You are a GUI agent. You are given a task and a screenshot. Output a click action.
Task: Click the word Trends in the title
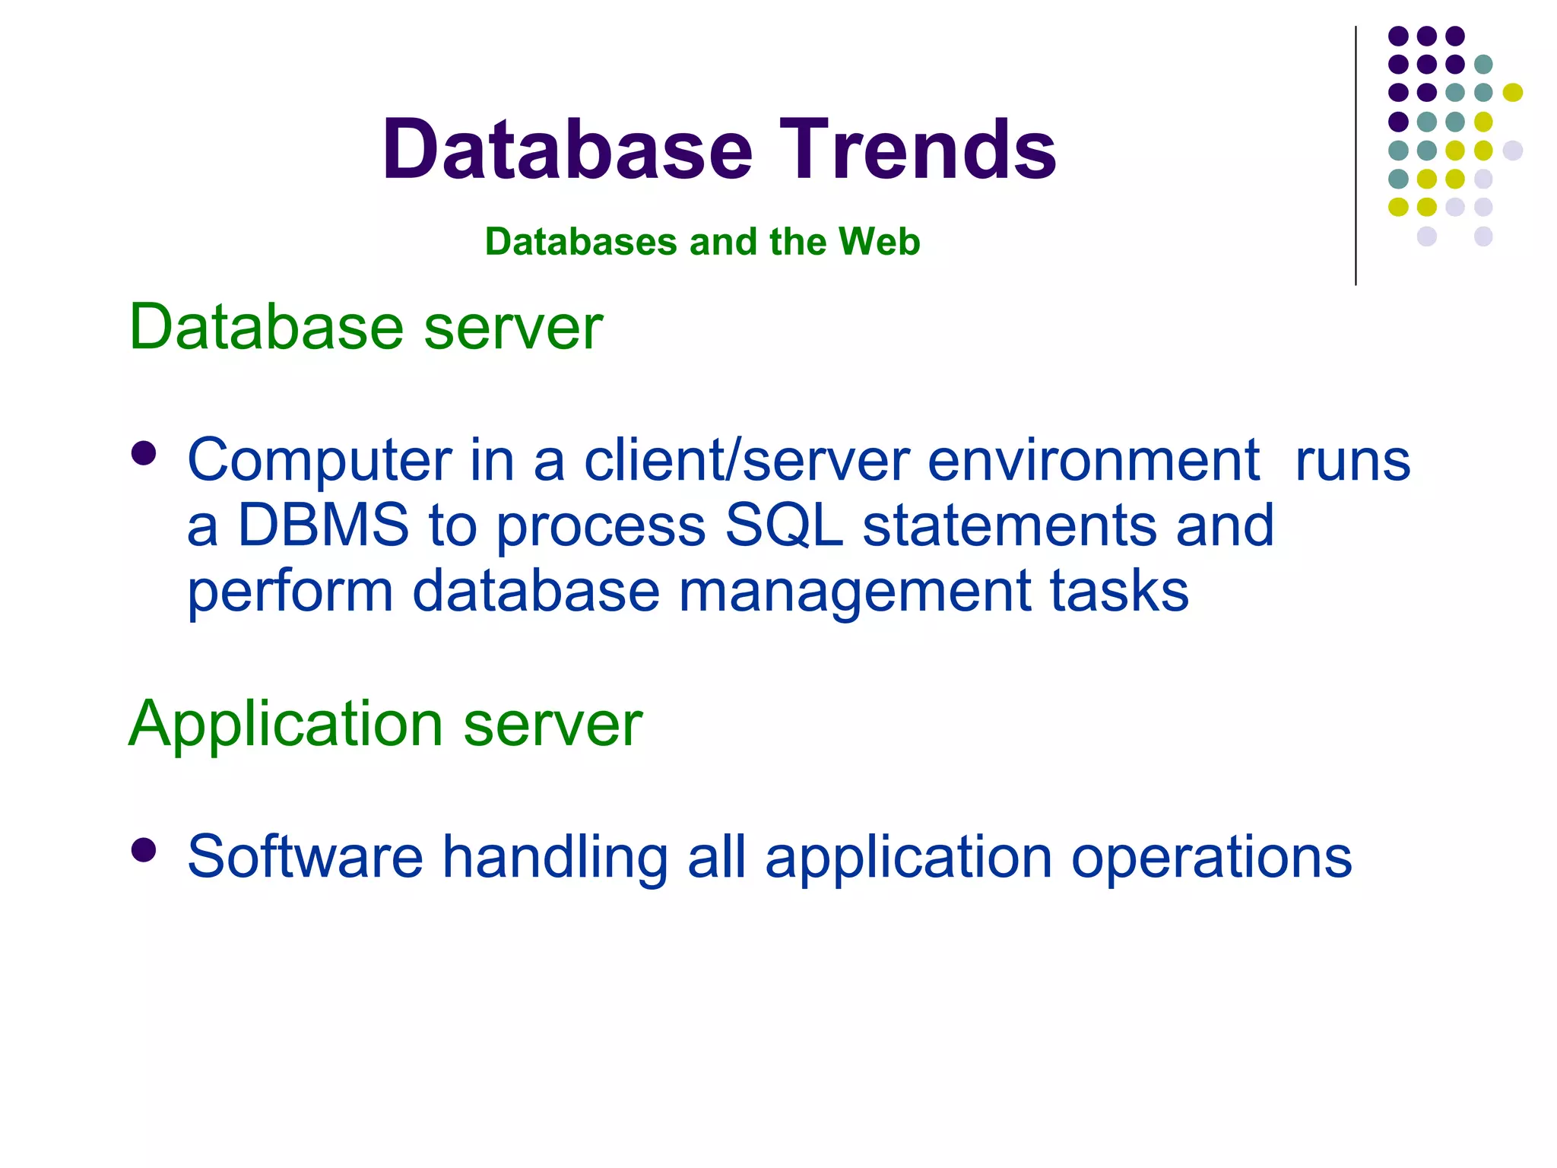(x=917, y=150)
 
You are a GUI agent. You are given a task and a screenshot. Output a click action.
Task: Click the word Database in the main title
(x=567, y=150)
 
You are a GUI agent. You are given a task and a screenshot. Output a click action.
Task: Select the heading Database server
(x=366, y=327)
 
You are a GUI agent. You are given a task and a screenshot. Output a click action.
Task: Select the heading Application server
(x=385, y=724)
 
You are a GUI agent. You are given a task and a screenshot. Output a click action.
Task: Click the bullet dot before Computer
(x=143, y=454)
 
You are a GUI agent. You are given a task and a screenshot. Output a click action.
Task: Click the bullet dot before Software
(x=143, y=850)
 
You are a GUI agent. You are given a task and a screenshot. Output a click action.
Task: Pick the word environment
(x=1093, y=460)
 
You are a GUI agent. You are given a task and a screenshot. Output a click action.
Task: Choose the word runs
(x=1352, y=460)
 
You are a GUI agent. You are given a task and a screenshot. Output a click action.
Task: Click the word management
(x=855, y=591)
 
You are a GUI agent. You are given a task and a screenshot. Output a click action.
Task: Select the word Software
(x=305, y=856)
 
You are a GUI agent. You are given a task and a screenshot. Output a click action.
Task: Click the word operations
(x=1211, y=856)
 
